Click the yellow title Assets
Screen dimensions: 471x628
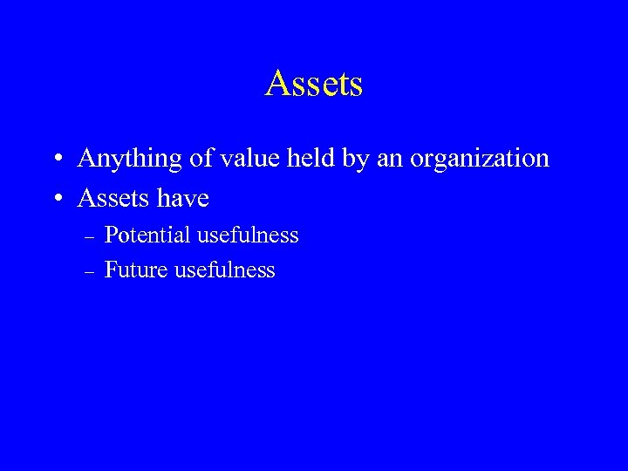[x=314, y=85]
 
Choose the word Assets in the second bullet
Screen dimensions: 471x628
[x=112, y=198]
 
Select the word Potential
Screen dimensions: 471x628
[x=146, y=235]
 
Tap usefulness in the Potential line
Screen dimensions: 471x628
[x=248, y=235]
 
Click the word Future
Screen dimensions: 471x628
[x=136, y=270]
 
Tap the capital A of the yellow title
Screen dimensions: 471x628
[x=279, y=85]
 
